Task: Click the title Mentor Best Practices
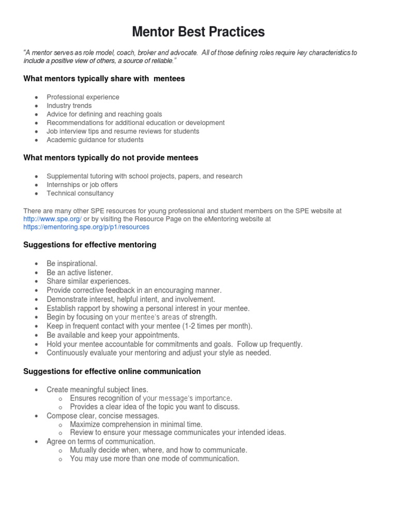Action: coord(198,32)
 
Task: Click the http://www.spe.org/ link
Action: coord(52,219)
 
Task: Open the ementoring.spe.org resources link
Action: coord(86,227)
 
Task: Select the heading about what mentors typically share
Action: coord(104,79)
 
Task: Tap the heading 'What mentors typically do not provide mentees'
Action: coord(111,158)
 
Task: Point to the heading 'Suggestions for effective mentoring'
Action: coord(89,245)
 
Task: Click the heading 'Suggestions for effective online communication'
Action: coord(112,371)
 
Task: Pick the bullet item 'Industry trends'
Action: coord(69,105)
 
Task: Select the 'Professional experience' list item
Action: coord(83,97)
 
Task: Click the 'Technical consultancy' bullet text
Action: coord(80,193)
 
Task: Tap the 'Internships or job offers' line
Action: coord(82,185)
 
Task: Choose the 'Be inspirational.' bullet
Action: coord(72,263)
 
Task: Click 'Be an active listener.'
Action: coord(80,272)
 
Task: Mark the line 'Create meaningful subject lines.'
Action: coord(97,390)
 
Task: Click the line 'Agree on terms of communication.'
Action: coord(101,442)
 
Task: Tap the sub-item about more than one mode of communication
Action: coord(155,459)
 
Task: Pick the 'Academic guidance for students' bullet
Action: coord(95,139)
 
